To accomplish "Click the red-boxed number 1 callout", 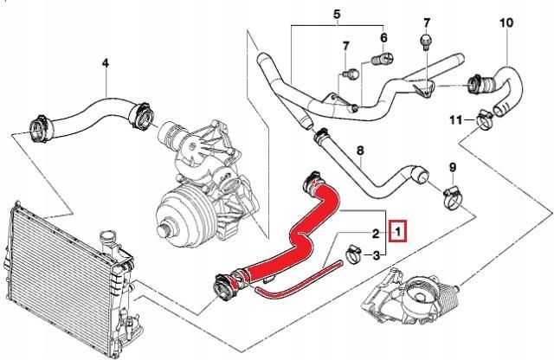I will point(397,232).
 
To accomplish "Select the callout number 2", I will point(377,233).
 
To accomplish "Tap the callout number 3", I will point(377,256).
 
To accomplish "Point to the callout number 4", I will point(106,62).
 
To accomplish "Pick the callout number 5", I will point(337,15).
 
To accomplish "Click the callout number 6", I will point(383,39).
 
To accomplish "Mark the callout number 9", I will point(452,166).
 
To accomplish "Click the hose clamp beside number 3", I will point(353,254).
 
